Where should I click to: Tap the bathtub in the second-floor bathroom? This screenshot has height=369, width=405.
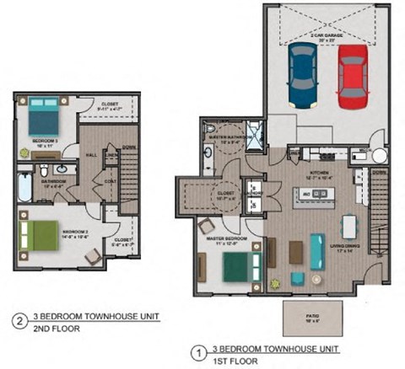point(24,187)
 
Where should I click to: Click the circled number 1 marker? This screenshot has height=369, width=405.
point(200,351)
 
